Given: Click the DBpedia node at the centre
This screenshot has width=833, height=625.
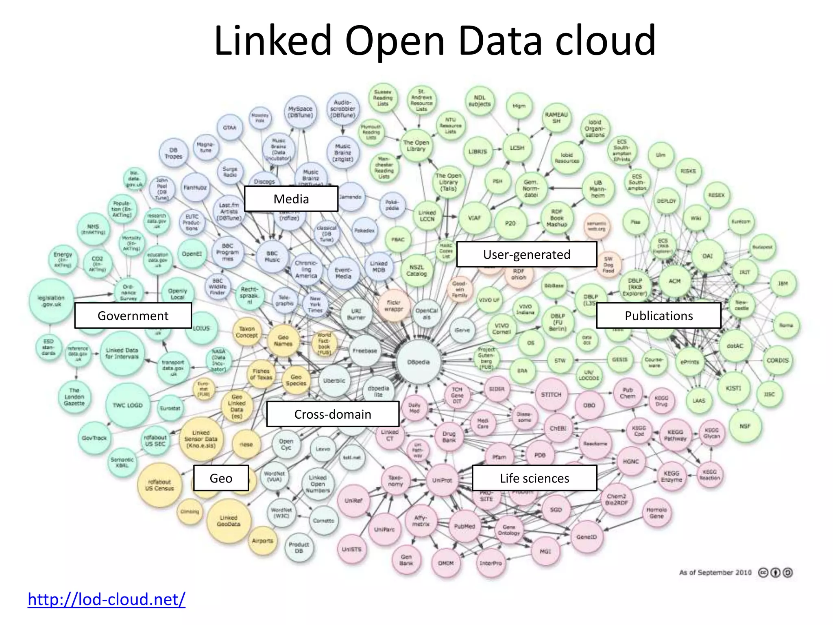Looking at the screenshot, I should pyautogui.click(x=418, y=362).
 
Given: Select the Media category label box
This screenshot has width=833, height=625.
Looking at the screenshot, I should pyautogui.click(x=291, y=199).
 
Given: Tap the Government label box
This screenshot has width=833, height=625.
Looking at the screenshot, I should pyautogui.click(x=133, y=316).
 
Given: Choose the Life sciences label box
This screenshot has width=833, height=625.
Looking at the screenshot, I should pyautogui.click(x=534, y=478).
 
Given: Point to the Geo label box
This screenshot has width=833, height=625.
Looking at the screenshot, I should pyautogui.click(x=221, y=478).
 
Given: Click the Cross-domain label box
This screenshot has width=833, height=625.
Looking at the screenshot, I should pyautogui.click(x=333, y=414).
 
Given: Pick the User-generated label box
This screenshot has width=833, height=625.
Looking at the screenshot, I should pyautogui.click(x=527, y=254).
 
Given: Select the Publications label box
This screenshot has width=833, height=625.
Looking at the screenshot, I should pyautogui.click(x=659, y=316).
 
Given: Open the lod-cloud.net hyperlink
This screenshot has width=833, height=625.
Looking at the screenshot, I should pyautogui.click(x=107, y=599).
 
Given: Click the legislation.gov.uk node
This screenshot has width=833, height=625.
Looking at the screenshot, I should pyautogui.click(x=51, y=301).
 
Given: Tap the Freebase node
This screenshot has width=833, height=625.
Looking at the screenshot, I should pyautogui.click(x=365, y=350).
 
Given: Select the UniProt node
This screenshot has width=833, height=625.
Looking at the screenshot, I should pyautogui.click(x=442, y=480).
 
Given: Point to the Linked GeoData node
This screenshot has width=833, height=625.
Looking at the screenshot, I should pyautogui.click(x=229, y=521).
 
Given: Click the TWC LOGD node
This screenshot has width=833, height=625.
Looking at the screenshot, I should pyautogui.click(x=128, y=405).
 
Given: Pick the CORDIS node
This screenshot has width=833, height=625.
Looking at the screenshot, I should pyautogui.click(x=777, y=361).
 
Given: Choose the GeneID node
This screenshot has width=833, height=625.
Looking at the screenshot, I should pyautogui.click(x=587, y=537).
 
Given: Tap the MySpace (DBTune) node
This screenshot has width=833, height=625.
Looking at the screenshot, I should pyautogui.click(x=300, y=112).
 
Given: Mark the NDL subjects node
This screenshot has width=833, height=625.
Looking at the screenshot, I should pyautogui.click(x=480, y=101).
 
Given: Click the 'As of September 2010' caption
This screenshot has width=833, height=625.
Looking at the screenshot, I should pyautogui.click(x=715, y=573).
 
